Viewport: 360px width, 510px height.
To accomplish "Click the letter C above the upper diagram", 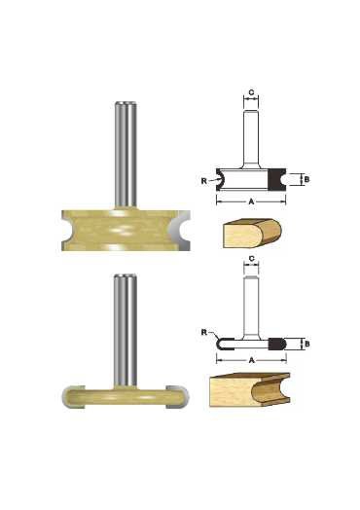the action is [251, 92].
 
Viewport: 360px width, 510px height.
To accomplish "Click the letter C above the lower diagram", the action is [251, 259].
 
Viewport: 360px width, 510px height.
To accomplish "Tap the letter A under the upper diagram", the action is [251, 202].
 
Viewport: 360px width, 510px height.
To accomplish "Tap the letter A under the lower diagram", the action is [251, 360].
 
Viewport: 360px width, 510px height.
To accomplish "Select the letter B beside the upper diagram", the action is [307, 179].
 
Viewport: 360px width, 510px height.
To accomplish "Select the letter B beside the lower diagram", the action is [307, 344].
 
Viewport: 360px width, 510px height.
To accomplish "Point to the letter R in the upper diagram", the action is [203, 181].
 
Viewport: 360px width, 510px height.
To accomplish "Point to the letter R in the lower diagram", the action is [204, 333].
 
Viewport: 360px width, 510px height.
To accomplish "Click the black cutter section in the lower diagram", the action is [276, 344].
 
